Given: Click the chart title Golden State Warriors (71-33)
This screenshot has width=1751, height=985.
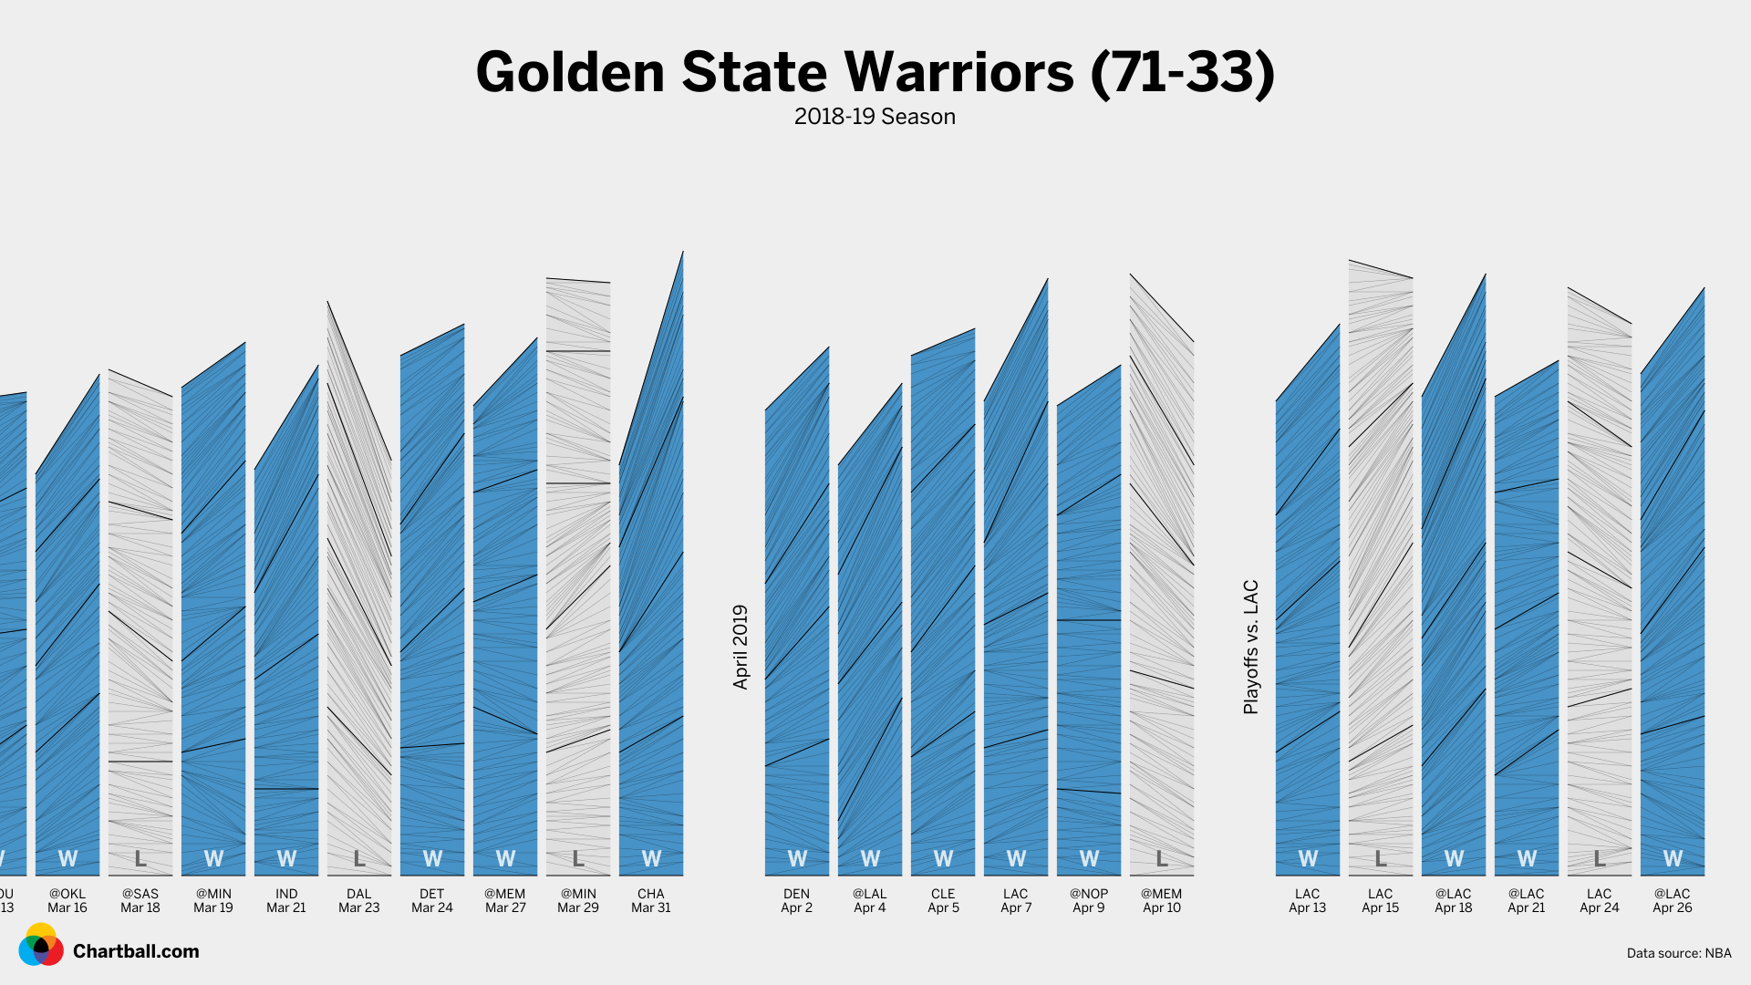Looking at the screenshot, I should pos(875,72).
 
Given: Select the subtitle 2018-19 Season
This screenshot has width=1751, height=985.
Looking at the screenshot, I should pos(875,117).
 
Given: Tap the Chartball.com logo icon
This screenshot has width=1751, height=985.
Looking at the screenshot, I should pos(41,946).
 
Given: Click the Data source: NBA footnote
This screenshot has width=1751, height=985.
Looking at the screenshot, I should pos(1678,953).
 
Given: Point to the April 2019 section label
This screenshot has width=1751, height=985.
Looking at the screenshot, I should pos(741,647).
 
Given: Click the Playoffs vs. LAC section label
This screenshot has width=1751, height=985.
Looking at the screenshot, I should pos(1251,647).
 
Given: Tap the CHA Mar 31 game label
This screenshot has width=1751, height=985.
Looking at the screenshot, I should pos(651,901).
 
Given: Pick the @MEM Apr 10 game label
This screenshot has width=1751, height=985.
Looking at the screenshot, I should pos(1162,901).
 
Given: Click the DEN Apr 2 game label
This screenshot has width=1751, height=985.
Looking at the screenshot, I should pos(797,901).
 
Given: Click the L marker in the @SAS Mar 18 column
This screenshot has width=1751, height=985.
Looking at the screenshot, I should pos(140,858).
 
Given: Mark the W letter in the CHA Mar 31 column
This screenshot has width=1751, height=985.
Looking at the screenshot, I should pos(651,858).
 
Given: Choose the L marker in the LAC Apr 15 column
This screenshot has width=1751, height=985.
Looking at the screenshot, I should pos(1381,858).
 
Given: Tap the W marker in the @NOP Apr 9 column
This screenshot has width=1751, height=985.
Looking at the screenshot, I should pos(1089,858).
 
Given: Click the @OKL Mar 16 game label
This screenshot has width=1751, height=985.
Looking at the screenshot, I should pos(67,901).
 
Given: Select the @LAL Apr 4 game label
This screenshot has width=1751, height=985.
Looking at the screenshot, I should pos(870,901).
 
